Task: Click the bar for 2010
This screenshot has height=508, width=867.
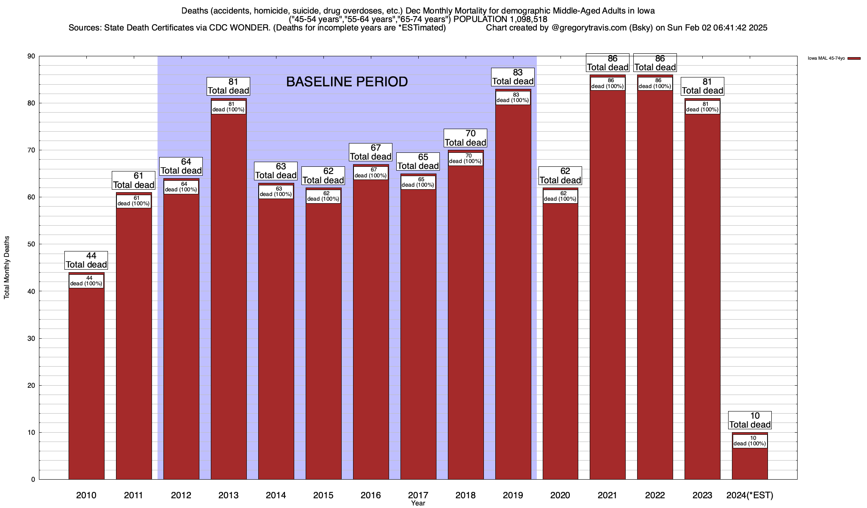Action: pyautogui.click(x=86, y=381)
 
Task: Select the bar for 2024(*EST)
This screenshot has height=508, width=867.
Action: pyautogui.click(x=750, y=464)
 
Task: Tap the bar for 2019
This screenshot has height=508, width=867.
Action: pyautogui.click(x=513, y=296)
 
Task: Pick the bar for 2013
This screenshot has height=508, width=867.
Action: pyautogui.click(x=229, y=296)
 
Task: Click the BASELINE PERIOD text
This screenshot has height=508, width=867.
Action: pyautogui.click(x=347, y=82)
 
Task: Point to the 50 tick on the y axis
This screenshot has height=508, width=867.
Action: pyautogui.click(x=32, y=244)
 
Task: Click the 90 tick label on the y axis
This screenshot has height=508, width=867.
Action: pyautogui.click(x=32, y=56)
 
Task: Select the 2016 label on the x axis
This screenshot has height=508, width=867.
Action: pyautogui.click(x=370, y=495)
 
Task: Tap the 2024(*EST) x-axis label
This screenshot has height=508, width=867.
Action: pyautogui.click(x=750, y=495)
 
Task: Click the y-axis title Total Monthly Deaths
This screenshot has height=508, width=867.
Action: pyautogui.click(x=7, y=268)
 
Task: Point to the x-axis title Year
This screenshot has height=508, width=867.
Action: pyautogui.click(x=418, y=503)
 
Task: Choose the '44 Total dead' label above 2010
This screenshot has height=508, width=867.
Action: pyautogui.click(x=86, y=260)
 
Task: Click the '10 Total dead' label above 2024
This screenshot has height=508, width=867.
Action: pyautogui.click(x=750, y=420)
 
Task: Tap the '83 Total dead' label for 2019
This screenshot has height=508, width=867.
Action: pyautogui.click(x=513, y=77)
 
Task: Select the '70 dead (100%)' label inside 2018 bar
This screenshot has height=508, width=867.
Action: pyautogui.click(x=465, y=159)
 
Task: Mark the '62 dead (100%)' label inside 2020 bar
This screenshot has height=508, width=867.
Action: pyautogui.click(x=560, y=196)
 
